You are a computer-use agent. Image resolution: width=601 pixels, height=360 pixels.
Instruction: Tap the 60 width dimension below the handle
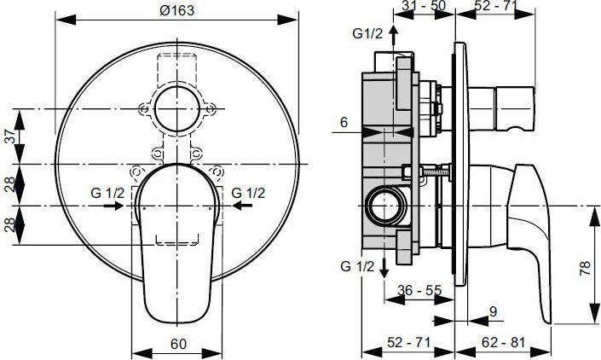pyautogui.click(x=177, y=345)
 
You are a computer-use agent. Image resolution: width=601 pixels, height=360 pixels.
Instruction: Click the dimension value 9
pyautogui.click(x=494, y=312)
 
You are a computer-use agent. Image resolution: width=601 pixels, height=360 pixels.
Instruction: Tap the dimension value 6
pyautogui.click(x=343, y=122)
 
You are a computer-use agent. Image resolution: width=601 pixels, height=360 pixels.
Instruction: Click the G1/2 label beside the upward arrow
pyautogui.click(x=367, y=34)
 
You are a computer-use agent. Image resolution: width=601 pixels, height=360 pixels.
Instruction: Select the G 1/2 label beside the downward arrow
pyautogui.click(x=358, y=266)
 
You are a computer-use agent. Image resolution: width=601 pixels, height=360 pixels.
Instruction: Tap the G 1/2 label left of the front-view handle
pyautogui.click(x=108, y=193)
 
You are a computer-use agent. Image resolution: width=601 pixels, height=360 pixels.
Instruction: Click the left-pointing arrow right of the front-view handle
pyautogui.click(x=243, y=206)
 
